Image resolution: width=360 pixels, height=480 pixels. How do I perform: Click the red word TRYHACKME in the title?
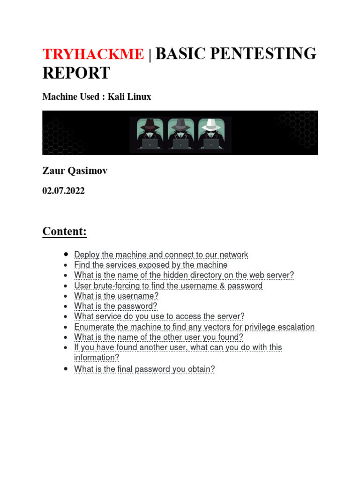93,54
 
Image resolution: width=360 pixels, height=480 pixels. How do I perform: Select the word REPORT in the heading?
76,73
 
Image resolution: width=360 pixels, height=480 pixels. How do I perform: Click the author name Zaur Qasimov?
75,171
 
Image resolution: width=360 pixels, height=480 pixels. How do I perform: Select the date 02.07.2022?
64,191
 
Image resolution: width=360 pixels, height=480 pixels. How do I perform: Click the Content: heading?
65,232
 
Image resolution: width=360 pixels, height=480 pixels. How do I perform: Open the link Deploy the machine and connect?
161,255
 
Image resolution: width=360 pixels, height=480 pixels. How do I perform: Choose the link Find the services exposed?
150,265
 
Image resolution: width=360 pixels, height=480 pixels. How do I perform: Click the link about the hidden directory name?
184,275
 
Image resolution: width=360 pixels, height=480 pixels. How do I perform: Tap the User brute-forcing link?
168,285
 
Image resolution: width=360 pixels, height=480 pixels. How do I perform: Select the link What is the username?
116,296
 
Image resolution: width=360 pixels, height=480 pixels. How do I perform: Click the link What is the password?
115,306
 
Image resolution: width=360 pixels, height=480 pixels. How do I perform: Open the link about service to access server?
159,316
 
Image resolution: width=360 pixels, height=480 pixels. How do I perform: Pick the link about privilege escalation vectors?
194,327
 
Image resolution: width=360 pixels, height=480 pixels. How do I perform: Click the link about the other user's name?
158,337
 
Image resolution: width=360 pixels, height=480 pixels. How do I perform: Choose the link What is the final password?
144,369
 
